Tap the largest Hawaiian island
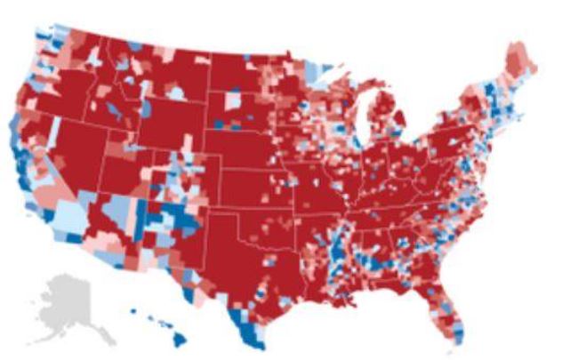(178, 338)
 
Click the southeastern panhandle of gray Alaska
(105, 334)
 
